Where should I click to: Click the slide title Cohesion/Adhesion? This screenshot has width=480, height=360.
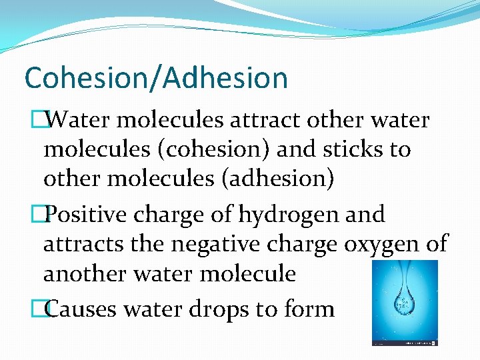(156, 77)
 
